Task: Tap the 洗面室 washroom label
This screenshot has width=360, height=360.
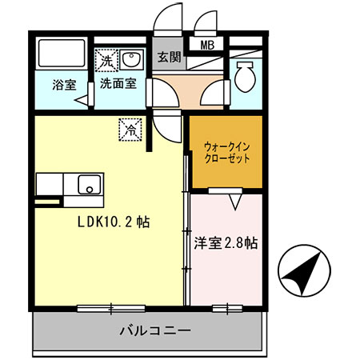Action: tap(117, 82)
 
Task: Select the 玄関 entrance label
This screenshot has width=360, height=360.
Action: tap(169, 57)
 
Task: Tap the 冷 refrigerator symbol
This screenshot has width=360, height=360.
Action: tap(130, 127)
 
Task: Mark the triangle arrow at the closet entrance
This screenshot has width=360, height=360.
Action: tap(235, 201)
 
